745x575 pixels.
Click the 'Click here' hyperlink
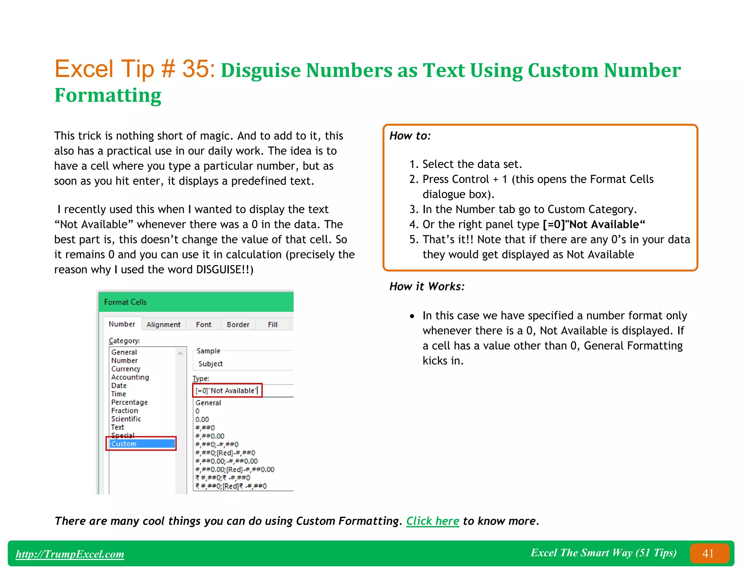433,521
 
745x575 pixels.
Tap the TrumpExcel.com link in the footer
70,554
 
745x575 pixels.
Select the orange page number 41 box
709,553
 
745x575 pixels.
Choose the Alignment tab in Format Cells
163,325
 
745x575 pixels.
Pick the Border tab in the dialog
238,325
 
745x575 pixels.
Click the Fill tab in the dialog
272,325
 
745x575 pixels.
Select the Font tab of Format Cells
203,325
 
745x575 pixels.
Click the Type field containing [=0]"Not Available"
226,391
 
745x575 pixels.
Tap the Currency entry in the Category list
126,369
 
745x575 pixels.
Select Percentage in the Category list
130,402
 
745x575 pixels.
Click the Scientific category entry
126,419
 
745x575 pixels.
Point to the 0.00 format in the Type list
202,419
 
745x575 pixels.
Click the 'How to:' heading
410,136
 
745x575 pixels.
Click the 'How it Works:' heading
427,286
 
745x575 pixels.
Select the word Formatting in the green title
108,95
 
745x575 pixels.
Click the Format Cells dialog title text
125,302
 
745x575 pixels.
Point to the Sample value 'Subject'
211,364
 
